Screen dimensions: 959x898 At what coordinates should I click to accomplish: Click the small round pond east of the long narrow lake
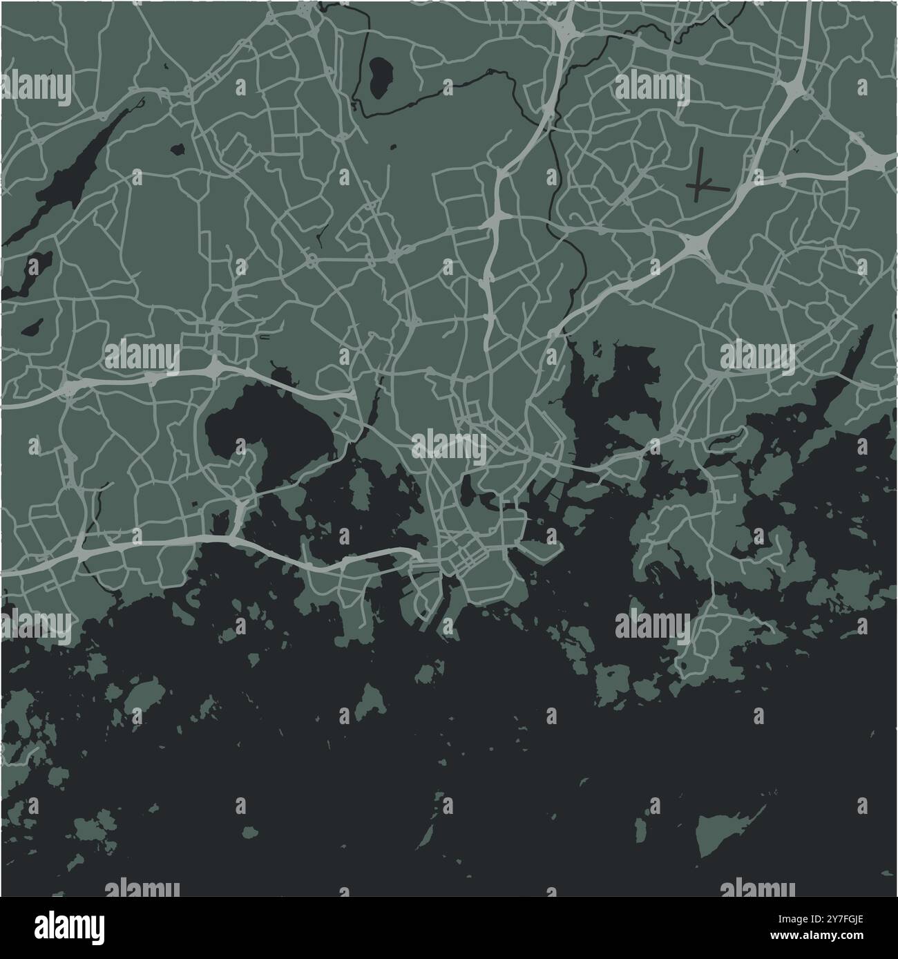tap(178, 149)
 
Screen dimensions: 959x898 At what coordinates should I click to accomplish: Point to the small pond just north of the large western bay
tap(282, 377)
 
